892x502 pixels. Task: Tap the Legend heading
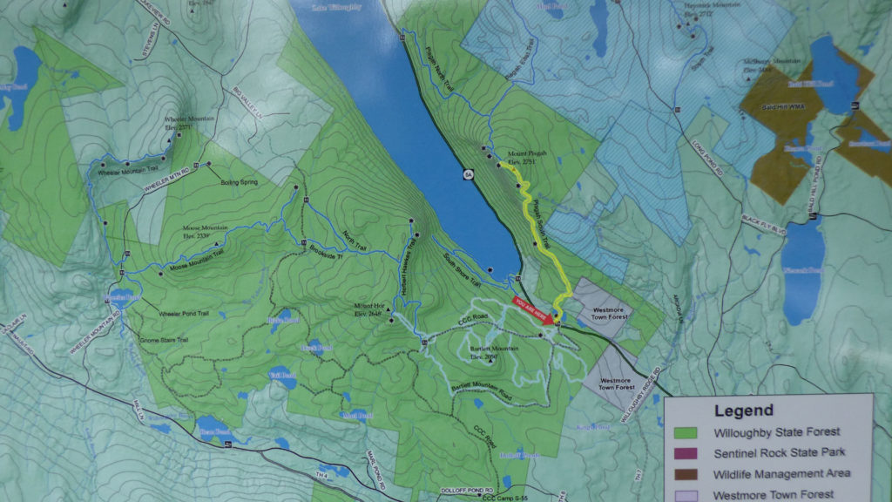tap(743, 410)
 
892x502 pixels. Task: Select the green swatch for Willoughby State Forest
tap(687, 431)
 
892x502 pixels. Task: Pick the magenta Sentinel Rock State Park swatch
tap(687, 452)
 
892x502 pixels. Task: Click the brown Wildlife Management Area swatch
tap(687, 473)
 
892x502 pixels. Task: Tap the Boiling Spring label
tap(236, 173)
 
